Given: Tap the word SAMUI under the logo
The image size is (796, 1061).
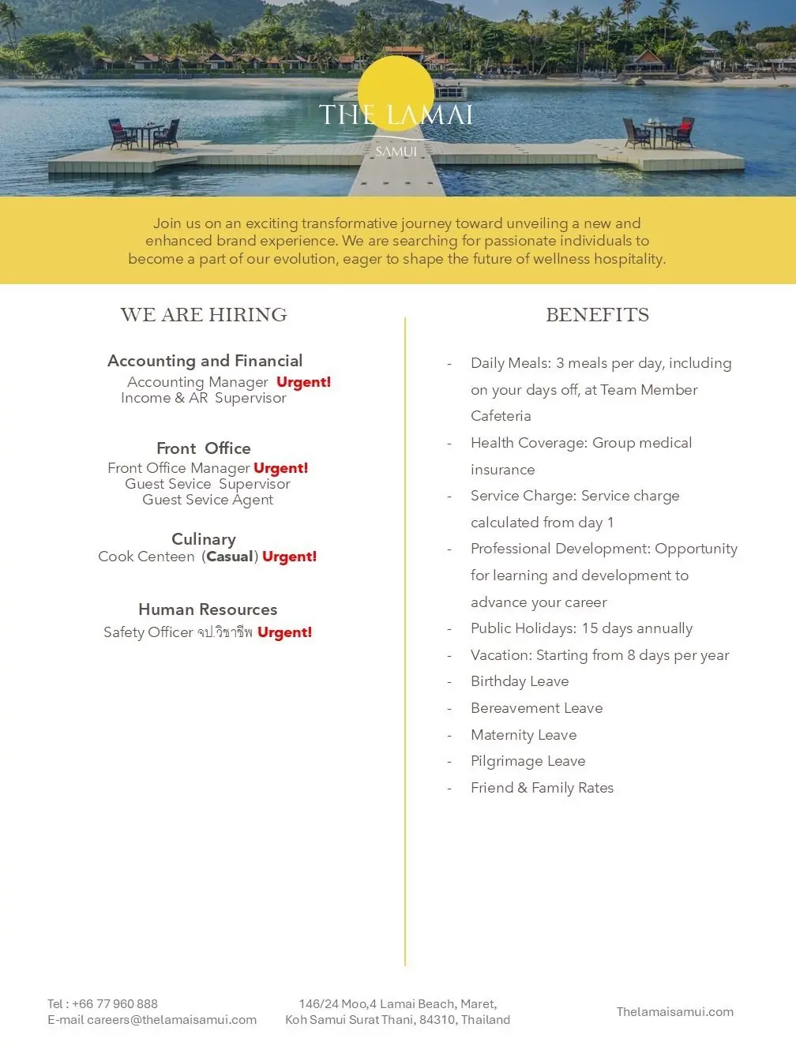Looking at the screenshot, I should pos(396,152).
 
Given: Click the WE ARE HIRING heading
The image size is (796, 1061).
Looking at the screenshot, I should pos(204,315).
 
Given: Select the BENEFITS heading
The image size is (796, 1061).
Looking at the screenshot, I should pos(597,315).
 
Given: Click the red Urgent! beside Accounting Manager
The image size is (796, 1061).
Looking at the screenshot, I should pos(303,382).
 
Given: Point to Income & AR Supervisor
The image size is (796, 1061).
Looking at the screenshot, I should pos(204,398).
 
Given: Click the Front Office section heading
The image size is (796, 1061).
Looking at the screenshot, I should pos(204,448).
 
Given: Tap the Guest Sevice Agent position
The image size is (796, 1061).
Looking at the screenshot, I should pos(208,500).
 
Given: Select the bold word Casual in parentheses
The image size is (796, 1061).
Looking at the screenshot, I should pos(230,557).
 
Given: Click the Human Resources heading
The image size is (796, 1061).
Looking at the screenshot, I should pos(208,609).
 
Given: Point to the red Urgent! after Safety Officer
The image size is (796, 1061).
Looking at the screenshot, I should pos(284,632).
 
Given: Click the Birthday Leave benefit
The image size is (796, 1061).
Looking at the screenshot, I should pos(520,681).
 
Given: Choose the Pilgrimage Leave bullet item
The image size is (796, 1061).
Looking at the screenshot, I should pos(528,761).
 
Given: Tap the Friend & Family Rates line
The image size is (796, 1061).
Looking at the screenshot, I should pos(542,788).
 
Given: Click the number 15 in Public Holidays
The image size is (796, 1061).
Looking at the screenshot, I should pos(590,628).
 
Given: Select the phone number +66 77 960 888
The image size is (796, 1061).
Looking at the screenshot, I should pos(115,1004).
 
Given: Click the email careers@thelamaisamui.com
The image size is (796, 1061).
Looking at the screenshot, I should pos(171,1020).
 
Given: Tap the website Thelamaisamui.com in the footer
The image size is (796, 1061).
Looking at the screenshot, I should pos(675,1012).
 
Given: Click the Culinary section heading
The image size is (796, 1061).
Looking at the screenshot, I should pos(204,539).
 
